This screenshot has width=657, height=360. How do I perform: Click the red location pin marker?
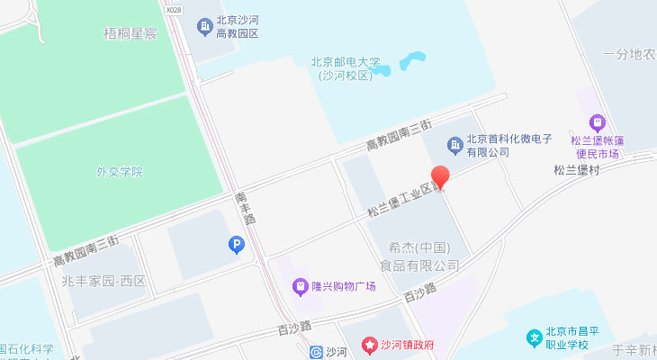440,176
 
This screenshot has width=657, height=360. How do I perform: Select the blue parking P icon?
237,244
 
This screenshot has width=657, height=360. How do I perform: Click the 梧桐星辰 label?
131,33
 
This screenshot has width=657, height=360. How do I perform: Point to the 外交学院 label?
121,171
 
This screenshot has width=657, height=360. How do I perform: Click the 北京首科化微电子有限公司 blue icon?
454,144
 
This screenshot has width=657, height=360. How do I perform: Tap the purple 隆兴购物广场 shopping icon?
301,287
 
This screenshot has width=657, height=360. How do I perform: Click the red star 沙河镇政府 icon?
368,345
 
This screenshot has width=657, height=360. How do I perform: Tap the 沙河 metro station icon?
315,352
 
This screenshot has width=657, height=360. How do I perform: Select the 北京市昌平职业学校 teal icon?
535,337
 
